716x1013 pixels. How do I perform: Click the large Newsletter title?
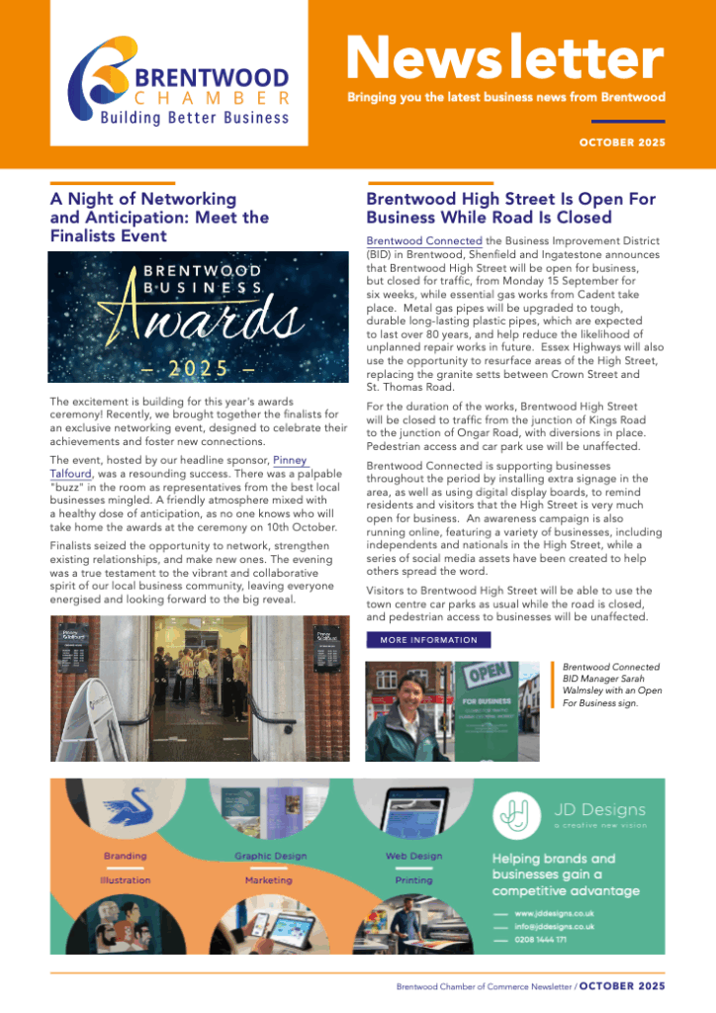tap(504, 59)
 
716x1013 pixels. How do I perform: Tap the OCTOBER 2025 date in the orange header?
tap(622, 142)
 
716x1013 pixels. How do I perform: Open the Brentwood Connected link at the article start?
tap(424, 240)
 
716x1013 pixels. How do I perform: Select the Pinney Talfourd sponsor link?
tap(289, 461)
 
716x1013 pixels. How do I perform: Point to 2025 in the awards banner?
tap(198, 368)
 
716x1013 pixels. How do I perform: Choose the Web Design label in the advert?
tap(413, 856)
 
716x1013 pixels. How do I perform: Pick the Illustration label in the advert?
tap(125, 879)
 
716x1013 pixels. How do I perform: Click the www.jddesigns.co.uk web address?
tap(554, 912)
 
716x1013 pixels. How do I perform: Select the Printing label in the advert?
tap(413, 879)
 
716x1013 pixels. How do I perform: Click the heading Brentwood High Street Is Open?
tap(510, 208)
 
